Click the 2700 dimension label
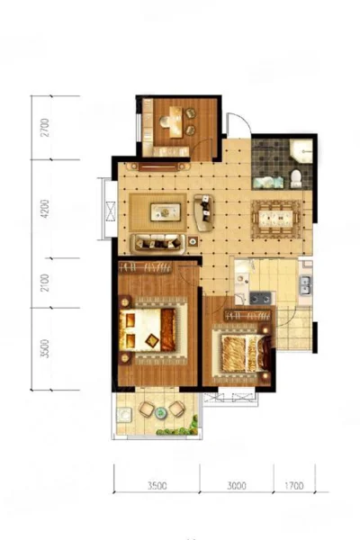coord(46,128)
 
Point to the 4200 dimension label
coord(46,209)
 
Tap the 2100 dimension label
coord(46,283)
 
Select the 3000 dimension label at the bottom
coord(237,486)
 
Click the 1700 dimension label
coord(294,486)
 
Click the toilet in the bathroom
coord(296,178)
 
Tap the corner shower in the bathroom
coord(301,151)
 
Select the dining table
coord(275,219)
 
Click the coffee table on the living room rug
coord(166,211)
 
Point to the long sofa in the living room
coord(157,243)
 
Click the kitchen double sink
coord(305,285)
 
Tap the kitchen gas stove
coord(260,298)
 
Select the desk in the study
coord(175,121)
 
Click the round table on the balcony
coord(160,412)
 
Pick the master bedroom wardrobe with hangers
coord(145,267)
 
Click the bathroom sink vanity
coord(268,183)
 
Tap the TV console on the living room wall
coord(158,166)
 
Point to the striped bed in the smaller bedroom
coord(246,354)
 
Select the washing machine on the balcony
coord(123,415)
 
